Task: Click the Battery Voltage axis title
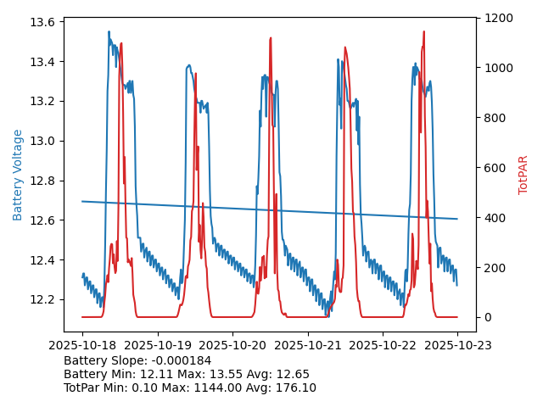(x=18, y=175)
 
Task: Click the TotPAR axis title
(x=523, y=175)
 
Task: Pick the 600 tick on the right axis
(x=495, y=168)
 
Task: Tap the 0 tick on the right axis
(x=488, y=317)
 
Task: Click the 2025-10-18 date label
(x=82, y=346)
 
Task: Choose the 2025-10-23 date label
(x=457, y=346)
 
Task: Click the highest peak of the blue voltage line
(x=109, y=31)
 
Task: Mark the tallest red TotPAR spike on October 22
(x=423, y=32)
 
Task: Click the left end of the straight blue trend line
(x=82, y=201)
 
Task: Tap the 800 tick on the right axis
(x=495, y=118)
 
